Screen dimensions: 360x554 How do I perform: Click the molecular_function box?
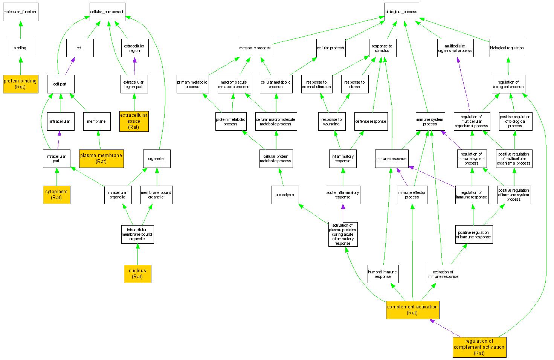click(x=20, y=12)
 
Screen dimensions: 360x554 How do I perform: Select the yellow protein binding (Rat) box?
click(x=20, y=84)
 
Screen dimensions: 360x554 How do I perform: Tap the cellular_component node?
click(x=107, y=12)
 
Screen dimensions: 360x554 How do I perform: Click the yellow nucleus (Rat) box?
click(x=137, y=274)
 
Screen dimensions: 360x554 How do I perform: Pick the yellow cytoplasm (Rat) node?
click(x=56, y=195)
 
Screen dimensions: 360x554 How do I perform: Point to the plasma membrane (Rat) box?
click(x=101, y=159)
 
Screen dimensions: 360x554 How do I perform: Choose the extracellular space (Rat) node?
click(x=134, y=121)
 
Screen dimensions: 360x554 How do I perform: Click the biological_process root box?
click(x=401, y=12)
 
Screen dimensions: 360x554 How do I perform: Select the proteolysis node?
click(x=285, y=195)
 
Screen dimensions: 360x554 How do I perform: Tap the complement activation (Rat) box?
click(x=412, y=310)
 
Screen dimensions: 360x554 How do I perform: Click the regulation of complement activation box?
click(x=479, y=347)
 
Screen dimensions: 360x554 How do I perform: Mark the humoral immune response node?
click(x=383, y=274)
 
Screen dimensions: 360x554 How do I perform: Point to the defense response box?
click(x=371, y=121)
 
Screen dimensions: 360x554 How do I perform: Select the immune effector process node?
click(x=412, y=195)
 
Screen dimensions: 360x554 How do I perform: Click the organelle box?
click(x=156, y=159)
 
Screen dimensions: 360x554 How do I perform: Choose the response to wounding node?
click(x=332, y=121)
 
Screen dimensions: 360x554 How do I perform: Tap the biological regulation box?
click(x=507, y=48)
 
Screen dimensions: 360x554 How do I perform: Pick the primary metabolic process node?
click(x=192, y=84)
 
